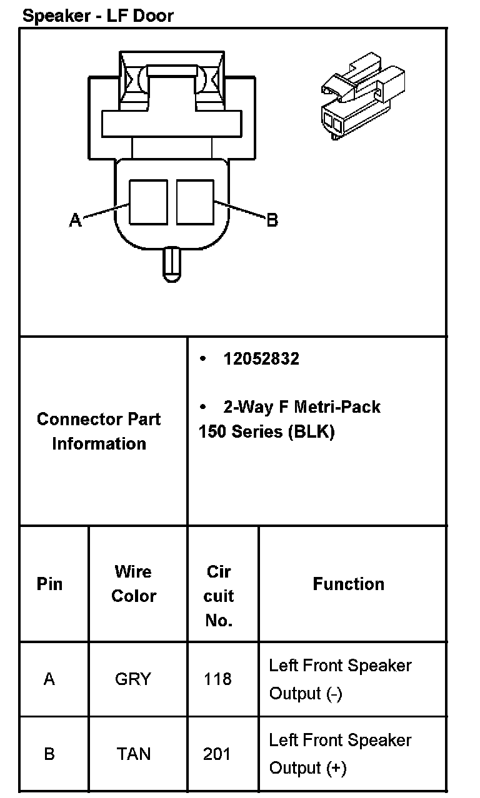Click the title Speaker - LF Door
point(97,16)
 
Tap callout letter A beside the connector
point(75,220)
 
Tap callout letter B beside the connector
point(272,220)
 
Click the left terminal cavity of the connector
point(148,202)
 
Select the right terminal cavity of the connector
point(195,202)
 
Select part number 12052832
point(261,359)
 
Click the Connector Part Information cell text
point(99,431)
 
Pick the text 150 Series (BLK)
point(266,432)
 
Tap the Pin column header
point(49,584)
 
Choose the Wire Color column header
point(134,584)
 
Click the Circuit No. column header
point(219,596)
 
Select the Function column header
point(349,584)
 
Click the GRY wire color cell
point(133,679)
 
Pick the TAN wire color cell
point(134,754)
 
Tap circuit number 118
point(217,679)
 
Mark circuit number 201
point(217,754)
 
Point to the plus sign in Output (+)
point(333,768)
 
